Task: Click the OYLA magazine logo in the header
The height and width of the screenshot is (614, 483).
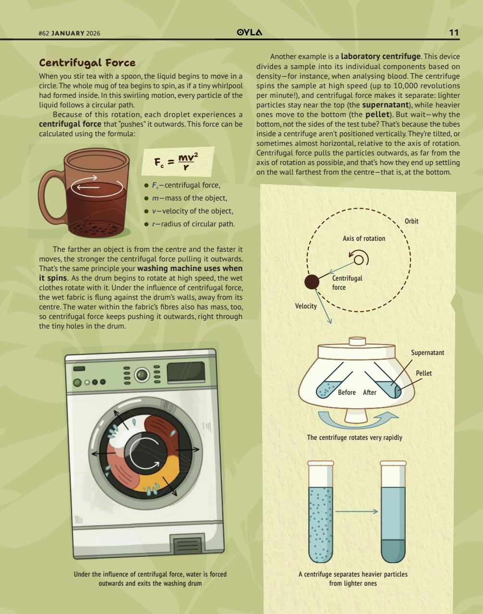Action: (x=250, y=33)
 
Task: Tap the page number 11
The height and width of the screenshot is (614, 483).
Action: (x=454, y=33)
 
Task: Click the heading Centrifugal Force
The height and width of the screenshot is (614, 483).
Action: (x=87, y=63)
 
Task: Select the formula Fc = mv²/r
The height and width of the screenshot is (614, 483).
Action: (x=177, y=162)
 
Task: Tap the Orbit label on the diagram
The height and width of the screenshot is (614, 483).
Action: (x=411, y=221)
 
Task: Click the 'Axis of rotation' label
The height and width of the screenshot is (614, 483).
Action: (x=363, y=238)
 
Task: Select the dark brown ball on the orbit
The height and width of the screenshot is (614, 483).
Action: (x=312, y=282)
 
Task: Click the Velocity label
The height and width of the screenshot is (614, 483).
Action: (x=306, y=306)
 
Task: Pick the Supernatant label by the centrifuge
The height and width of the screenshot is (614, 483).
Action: (x=427, y=353)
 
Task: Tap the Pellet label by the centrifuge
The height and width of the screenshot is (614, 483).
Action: (x=423, y=373)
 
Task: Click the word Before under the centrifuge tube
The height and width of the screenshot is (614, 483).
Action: (x=347, y=392)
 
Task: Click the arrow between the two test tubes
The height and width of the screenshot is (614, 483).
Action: (x=356, y=511)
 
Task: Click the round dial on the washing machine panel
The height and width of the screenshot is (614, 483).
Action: (x=141, y=375)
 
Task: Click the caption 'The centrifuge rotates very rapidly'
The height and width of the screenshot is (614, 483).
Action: (x=354, y=437)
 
